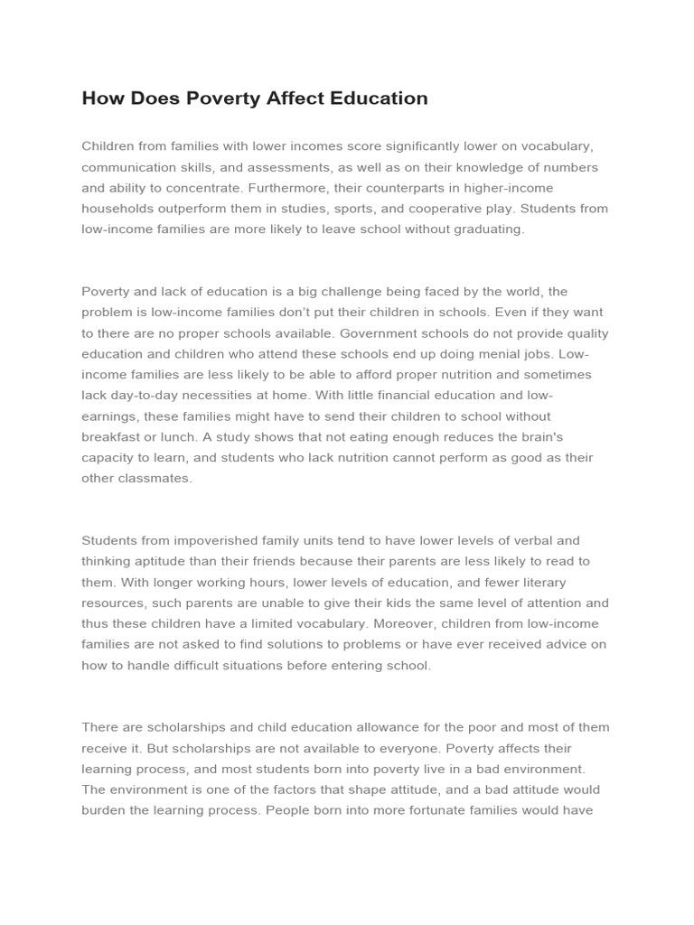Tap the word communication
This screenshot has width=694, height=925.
124,167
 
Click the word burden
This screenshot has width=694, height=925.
104,810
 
